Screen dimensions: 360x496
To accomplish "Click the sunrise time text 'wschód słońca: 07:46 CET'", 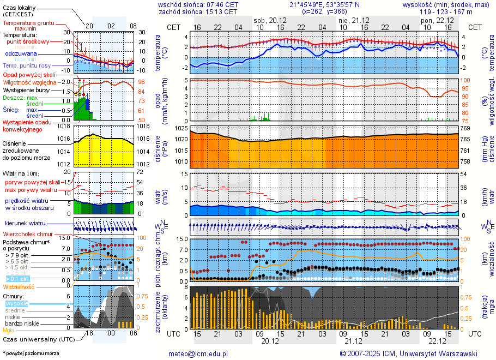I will (198, 4).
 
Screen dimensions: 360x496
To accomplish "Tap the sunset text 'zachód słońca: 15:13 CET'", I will (198, 11).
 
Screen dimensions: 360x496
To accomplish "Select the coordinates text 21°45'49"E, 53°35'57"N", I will (317, 4).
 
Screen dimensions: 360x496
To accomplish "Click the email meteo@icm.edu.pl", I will (198, 353).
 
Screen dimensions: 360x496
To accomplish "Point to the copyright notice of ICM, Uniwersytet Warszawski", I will (408, 353).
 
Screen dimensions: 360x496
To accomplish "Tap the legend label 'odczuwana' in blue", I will (21, 54).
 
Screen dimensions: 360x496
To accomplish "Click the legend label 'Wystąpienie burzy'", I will (25, 89).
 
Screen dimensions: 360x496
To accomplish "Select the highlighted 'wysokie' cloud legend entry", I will (16, 303).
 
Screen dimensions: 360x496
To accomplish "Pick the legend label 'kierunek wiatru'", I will (25, 224).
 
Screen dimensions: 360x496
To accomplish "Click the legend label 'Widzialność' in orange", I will (19, 286).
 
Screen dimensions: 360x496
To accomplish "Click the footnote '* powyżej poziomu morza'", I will (31, 353).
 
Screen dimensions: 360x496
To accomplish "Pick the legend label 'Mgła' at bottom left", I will (9, 330).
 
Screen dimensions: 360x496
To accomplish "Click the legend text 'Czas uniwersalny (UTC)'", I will (38, 339).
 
